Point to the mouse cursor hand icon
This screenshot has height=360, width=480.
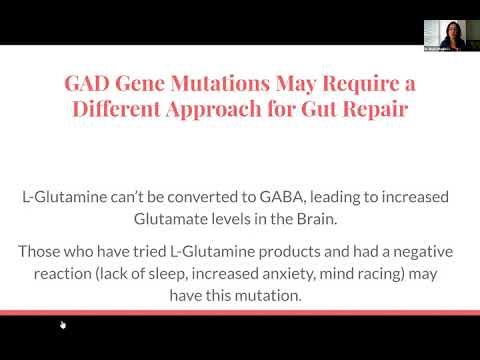pyautogui.click(x=63, y=324)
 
